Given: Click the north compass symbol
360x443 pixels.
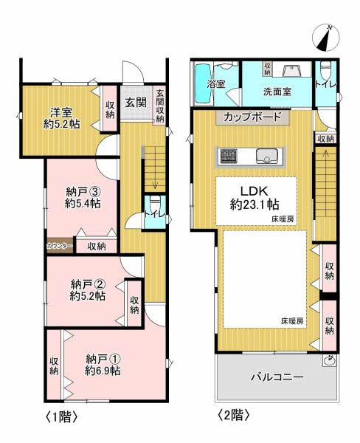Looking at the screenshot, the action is point(326,38).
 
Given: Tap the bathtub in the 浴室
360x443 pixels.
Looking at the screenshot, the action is point(203,84).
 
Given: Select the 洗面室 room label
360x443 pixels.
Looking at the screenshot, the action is point(277,92).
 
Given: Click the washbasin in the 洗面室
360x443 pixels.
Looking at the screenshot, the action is point(291,70).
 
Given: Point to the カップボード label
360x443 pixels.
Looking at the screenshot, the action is point(252,117).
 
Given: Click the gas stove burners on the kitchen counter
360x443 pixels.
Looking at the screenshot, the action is point(229,156).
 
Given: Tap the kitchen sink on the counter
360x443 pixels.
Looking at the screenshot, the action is point(267,156).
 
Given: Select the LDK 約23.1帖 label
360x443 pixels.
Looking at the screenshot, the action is point(255,198).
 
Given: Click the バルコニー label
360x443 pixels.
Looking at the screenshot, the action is point(277,377).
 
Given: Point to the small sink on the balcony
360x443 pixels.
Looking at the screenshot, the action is point(329,360).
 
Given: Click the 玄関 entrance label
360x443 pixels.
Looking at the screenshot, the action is point(136,103).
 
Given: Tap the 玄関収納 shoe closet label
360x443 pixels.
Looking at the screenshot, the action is point(160,106).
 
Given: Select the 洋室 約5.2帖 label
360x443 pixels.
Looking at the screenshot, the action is point(61,118).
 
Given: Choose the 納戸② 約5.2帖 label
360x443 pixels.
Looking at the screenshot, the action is point(88,289).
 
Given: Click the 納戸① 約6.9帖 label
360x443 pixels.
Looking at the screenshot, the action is point(103,365).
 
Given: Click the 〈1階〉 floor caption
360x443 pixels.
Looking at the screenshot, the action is point(61,416).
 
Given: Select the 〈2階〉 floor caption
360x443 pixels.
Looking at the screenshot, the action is point(234,415).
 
